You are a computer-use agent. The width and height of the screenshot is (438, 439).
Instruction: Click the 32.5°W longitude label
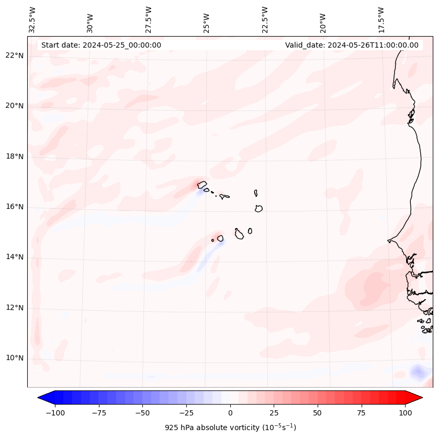click(x=32, y=20)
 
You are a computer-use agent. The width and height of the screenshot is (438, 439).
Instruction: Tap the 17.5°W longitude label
click(x=381, y=20)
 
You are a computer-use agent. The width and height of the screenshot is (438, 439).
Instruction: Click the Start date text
click(x=101, y=45)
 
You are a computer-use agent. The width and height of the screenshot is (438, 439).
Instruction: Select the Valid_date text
click(x=352, y=45)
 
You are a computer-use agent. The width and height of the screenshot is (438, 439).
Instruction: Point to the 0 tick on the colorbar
click(x=230, y=413)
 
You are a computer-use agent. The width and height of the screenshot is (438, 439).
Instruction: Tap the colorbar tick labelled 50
click(x=317, y=413)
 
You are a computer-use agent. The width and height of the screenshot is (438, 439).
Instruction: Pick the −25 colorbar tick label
click(x=186, y=413)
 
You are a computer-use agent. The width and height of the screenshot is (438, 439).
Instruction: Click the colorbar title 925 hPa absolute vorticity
click(x=230, y=427)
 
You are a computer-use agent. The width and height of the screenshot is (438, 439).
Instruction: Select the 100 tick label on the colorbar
click(x=405, y=413)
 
